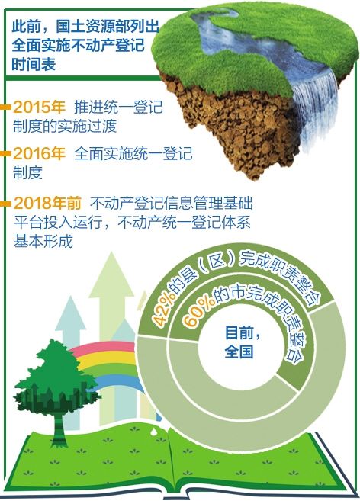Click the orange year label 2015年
click(39, 108)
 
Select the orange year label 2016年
click(39, 154)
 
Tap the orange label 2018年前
click(47, 203)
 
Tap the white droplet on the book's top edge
click(155, 430)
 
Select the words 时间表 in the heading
click(34, 63)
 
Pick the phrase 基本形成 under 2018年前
click(43, 241)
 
